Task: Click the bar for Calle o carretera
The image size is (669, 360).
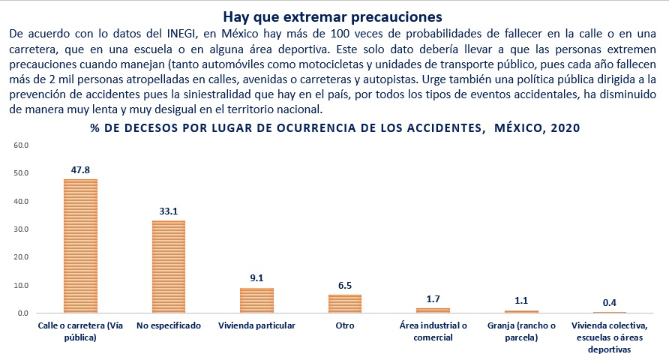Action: coord(80,246)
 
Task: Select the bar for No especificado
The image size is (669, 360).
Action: coord(169,266)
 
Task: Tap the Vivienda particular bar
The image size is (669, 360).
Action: coord(256,300)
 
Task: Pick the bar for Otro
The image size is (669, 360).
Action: coord(345,303)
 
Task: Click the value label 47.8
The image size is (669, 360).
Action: coord(80,170)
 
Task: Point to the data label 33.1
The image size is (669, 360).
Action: coord(169,211)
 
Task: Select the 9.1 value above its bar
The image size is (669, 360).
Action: coord(256,278)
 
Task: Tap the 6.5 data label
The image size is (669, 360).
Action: coord(345,286)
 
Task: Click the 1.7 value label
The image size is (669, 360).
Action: coord(433,299)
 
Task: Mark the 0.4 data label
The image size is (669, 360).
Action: coord(610,303)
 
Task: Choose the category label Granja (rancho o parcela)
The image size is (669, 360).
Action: coord(521,331)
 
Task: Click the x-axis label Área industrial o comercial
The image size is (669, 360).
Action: coord(433,331)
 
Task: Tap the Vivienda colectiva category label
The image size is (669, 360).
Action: coord(609,337)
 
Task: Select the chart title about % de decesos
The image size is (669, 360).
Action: coord(334,128)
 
